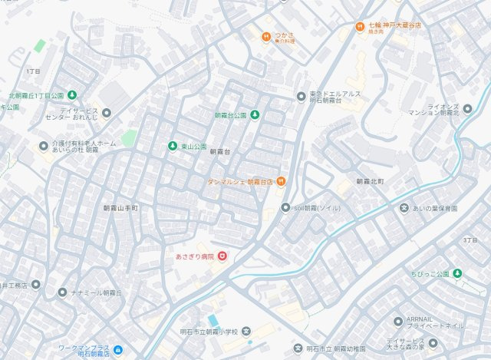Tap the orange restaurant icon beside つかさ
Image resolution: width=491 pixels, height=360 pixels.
tap(265, 35)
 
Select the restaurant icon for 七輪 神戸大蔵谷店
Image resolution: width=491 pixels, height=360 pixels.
tap(359, 26)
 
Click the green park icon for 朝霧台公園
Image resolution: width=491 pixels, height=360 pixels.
tap(255, 115)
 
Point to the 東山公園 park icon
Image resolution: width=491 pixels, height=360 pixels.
tap(172, 146)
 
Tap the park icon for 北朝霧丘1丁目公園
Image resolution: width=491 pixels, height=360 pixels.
tap(71, 95)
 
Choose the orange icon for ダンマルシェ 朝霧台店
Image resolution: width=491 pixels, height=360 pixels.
tap(281, 181)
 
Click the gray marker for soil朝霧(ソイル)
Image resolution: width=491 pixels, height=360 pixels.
tap(285, 207)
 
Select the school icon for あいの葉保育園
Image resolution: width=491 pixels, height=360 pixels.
tap(404, 208)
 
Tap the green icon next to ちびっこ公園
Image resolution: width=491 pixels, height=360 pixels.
tap(456, 273)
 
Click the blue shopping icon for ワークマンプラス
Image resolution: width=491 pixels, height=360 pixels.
tap(117, 351)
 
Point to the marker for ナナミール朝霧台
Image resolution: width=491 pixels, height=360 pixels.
tap(61, 293)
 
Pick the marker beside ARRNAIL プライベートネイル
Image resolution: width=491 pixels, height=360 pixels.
tap(397, 321)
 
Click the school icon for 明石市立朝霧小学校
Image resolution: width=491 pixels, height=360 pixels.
tap(245, 332)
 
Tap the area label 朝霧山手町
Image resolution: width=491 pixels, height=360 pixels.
tap(120, 208)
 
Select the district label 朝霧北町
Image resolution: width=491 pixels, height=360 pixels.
tap(374, 181)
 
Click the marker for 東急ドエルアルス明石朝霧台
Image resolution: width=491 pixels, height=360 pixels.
tap(301, 96)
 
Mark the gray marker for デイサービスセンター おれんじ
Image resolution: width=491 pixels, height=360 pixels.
tap(106, 113)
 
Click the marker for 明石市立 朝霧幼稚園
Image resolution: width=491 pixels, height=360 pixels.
tap(298, 349)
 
